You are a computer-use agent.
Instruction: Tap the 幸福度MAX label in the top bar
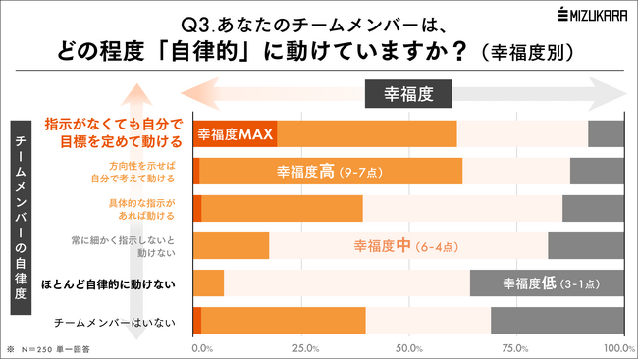[x=236, y=133]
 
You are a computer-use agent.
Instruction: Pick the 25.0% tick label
[x=304, y=347]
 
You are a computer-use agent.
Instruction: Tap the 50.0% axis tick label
[x=409, y=347]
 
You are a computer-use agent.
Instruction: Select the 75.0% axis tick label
[x=514, y=347]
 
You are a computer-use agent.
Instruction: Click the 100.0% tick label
[x=616, y=347]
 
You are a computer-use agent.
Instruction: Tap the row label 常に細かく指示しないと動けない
[x=136, y=246]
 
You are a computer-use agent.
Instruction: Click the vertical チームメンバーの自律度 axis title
[x=21, y=217]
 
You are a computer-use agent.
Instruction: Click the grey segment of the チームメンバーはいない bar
[x=557, y=321]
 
